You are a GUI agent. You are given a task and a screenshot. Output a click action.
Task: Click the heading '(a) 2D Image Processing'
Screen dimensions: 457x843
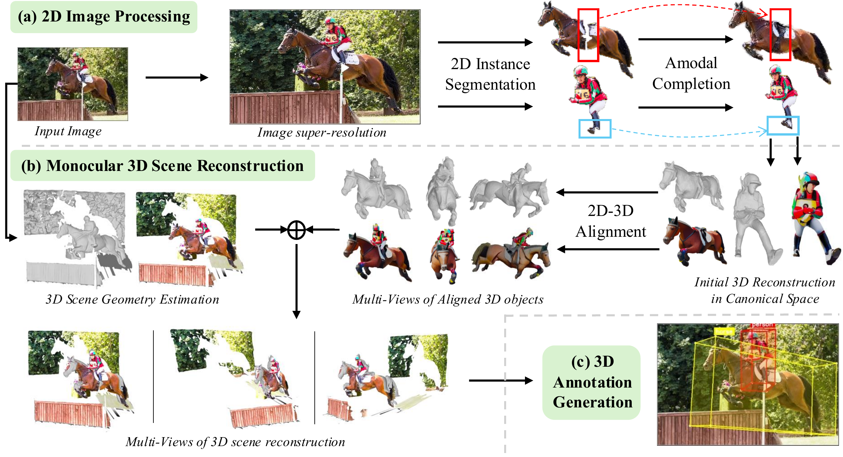coord(104,17)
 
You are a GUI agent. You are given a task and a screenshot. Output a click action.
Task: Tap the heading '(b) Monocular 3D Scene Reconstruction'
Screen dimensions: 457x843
coord(162,166)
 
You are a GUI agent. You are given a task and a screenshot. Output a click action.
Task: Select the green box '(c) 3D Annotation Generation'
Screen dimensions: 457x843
coord(591,382)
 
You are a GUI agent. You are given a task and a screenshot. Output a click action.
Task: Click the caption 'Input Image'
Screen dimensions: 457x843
coord(68,131)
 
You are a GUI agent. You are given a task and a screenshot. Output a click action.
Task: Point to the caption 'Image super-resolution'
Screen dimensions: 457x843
coord(322,133)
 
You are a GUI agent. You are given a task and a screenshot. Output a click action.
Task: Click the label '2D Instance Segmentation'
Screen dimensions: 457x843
coord(490,74)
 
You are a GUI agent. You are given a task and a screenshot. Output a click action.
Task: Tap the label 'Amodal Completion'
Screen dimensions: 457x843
coord(691,73)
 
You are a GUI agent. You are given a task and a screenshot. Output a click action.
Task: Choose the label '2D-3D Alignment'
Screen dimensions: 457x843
coord(610,221)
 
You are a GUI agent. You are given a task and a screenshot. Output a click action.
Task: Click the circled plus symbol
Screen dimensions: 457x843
coord(296,229)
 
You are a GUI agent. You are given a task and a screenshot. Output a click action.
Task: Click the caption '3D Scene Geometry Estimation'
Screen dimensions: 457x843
coord(132,299)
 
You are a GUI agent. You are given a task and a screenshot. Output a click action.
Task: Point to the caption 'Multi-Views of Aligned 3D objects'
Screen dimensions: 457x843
coord(448,299)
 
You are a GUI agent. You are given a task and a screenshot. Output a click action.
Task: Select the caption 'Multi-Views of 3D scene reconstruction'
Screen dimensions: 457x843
coord(235,442)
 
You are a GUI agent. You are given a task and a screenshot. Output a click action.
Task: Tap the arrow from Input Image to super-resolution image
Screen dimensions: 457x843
coord(177,78)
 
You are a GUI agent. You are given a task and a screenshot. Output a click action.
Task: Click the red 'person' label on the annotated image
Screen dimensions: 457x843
coord(762,325)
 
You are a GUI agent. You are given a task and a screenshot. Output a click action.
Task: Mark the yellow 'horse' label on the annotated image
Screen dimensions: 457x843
coord(724,331)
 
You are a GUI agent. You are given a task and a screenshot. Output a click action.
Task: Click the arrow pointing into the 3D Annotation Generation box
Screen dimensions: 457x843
coord(501,381)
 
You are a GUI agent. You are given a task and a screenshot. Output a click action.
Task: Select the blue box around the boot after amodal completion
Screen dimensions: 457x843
coord(783,126)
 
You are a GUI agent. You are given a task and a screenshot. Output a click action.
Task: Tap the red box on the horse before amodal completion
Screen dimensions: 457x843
coord(588,35)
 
